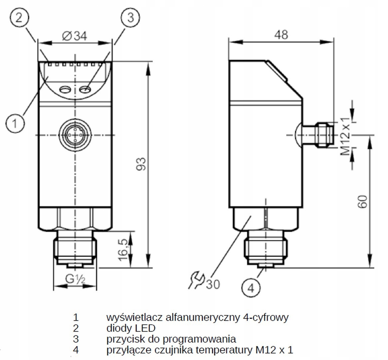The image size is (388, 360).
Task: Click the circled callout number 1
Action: (15, 123)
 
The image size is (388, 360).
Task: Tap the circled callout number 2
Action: (19, 18)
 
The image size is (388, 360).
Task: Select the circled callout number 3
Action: (131, 18)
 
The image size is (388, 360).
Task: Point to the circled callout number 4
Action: (251, 288)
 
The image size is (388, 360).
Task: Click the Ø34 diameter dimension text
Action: (75, 36)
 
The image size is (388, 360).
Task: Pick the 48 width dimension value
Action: (281, 34)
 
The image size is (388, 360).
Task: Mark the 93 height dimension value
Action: (142, 164)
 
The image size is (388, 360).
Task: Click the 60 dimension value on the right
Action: (362, 202)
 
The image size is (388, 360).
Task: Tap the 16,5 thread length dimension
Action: (123, 250)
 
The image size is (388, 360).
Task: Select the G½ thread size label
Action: (75, 279)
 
